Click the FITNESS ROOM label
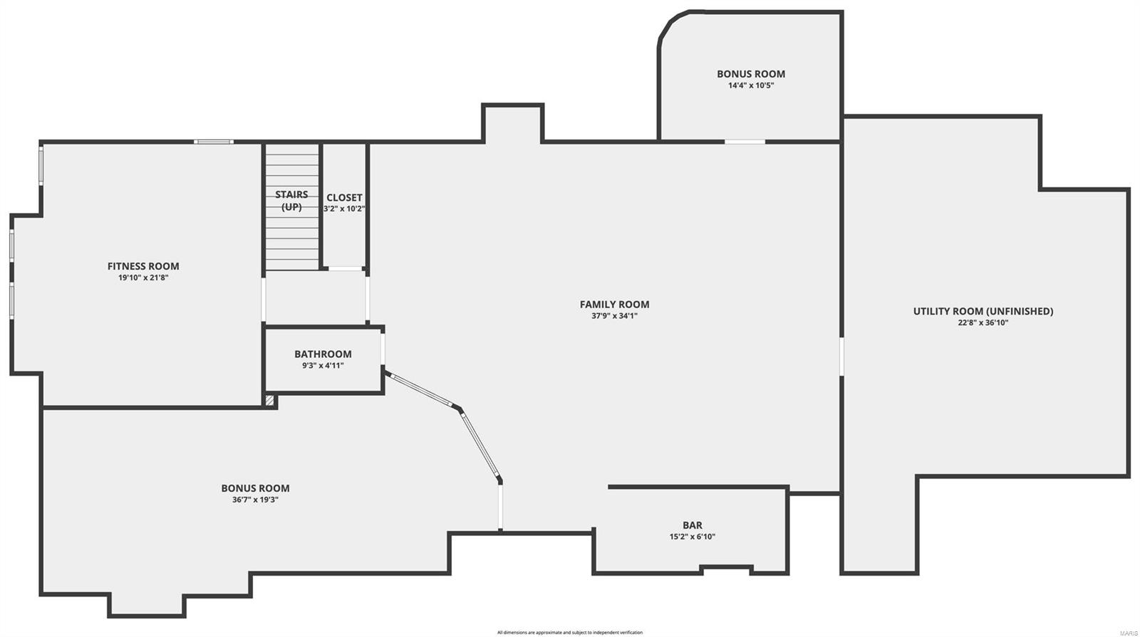(x=143, y=266)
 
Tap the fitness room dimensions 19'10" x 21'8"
(x=143, y=278)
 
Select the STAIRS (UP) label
(x=291, y=201)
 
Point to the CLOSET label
(x=344, y=197)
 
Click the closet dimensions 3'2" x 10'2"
(x=344, y=209)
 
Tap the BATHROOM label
(x=323, y=354)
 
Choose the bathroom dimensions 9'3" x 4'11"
(x=323, y=366)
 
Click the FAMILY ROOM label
(x=614, y=304)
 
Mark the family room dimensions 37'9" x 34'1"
(x=614, y=316)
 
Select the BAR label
(x=692, y=525)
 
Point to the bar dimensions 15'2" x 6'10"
(x=692, y=537)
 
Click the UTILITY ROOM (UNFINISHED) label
(x=983, y=311)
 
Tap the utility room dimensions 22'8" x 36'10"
(x=983, y=322)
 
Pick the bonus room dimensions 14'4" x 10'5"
(x=751, y=85)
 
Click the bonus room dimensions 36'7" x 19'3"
(x=255, y=500)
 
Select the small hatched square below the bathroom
(x=269, y=401)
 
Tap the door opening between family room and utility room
(x=841, y=356)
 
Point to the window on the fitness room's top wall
(x=214, y=142)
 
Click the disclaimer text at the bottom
(x=570, y=632)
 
